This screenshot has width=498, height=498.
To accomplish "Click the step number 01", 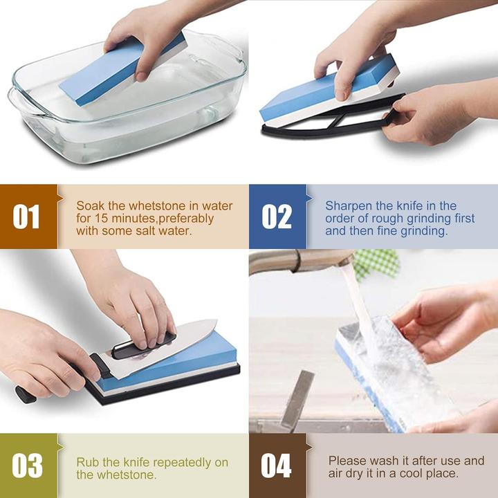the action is click(26, 216).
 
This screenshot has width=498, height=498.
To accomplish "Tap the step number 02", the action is click(277, 216).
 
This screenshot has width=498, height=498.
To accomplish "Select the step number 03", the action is click(27, 465).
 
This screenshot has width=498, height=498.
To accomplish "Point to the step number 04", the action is click(276, 465).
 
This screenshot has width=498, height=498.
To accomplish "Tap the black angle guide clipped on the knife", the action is click(145, 346).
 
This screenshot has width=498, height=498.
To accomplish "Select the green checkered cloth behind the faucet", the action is click(376, 264).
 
